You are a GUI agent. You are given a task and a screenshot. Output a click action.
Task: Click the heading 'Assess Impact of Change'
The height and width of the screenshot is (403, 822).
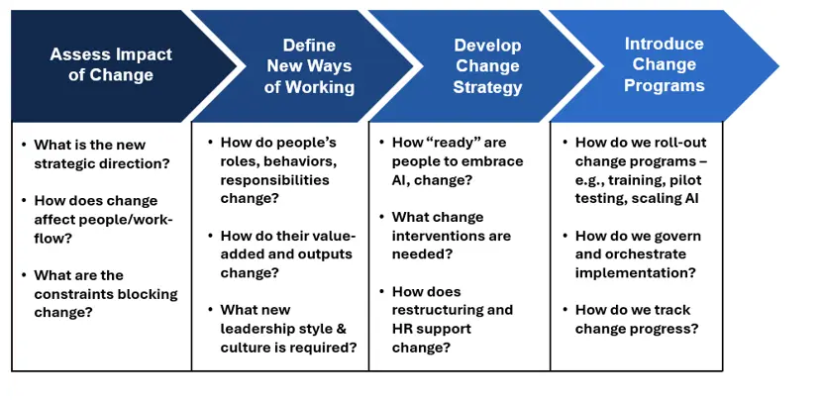pyautogui.click(x=111, y=64)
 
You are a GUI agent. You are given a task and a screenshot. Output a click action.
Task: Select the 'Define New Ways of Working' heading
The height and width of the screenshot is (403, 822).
pyautogui.click(x=309, y=65)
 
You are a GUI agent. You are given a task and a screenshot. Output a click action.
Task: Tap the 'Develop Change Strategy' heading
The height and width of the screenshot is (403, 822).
pyautogui.click(x=487, y=65)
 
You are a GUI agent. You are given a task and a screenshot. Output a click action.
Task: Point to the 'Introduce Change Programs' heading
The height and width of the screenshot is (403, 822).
pyautogui.click(x=665, y=64)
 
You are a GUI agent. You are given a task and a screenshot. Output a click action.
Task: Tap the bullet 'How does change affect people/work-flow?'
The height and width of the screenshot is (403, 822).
pyautogui.click(x=103, y=218)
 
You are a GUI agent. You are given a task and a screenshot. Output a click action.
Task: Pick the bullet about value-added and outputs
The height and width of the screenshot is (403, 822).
pyautogui.click(x=287, y=255)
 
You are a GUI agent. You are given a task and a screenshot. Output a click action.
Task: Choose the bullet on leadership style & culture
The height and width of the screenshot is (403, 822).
pyautogui.click(x=287, y=328)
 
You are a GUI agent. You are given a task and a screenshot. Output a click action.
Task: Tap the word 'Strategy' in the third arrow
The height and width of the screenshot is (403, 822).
pyautogui.click(x=487, y=87)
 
